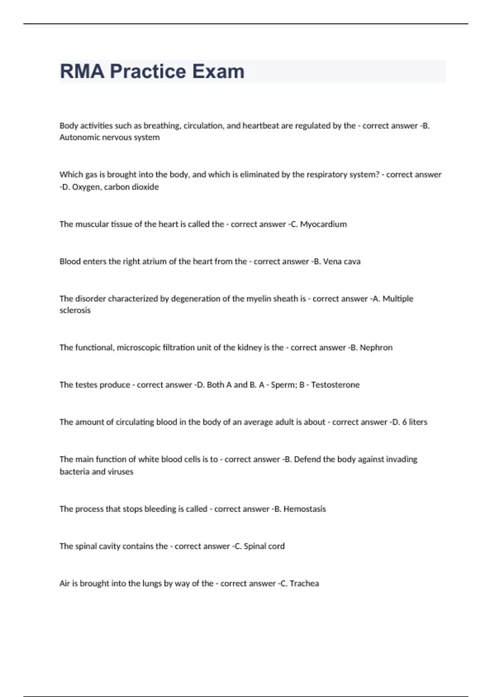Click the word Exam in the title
(x=219, y=71)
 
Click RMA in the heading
(x=82, y=71)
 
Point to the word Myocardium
(x=323, y=224)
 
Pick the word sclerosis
(x=75, y=310)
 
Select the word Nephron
(x=376, y=348)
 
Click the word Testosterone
(x=335, y=385)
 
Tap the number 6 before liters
(x=404, y=422)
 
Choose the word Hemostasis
(x=305, y=509)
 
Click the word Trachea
(x=304, y=583)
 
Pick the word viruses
(x=121, y=472)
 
